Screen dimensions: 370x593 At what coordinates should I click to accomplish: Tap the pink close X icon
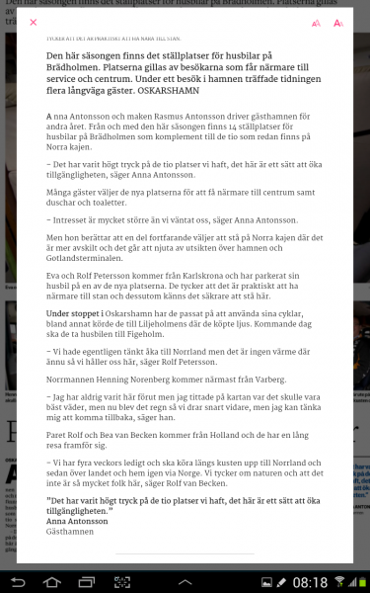(34, 22)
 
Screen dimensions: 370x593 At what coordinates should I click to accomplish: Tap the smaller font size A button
(316, 23)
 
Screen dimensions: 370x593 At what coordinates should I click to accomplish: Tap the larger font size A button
(337, 22)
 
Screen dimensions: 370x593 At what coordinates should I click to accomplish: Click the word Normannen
(72, 380)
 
